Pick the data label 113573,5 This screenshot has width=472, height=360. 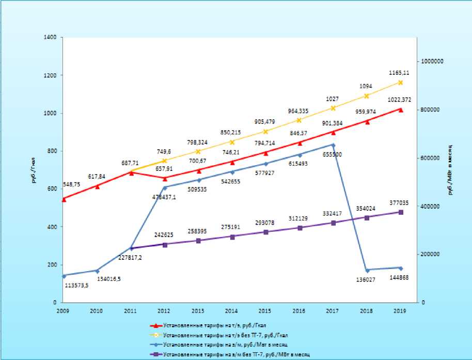(x=76, y=285)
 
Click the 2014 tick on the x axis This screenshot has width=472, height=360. (x=232, y=311)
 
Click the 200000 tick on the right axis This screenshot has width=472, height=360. (x=431, y=254)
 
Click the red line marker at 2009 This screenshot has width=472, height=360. (x=64, y=199)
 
